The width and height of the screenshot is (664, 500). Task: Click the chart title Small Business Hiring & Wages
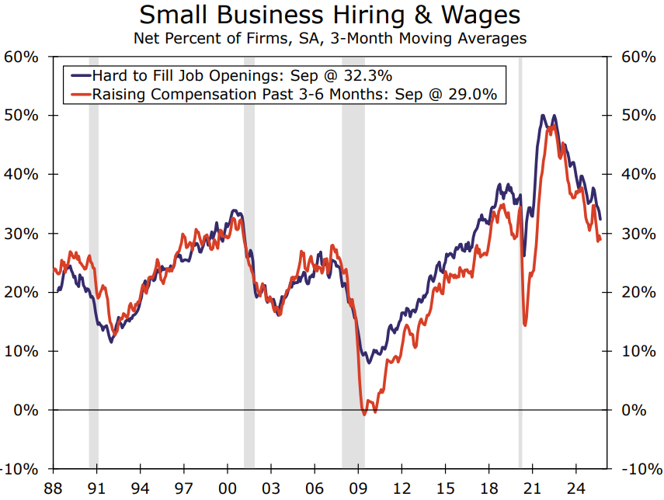click(331, 15)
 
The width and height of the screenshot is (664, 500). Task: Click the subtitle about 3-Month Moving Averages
click(331, 37)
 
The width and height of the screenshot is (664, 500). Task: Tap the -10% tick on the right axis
click(641, 469)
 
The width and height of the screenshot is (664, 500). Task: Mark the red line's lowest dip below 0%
click(363, 414)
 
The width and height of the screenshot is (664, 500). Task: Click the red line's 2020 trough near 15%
click(525, 325)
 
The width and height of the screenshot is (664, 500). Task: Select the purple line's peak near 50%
click(543, 116)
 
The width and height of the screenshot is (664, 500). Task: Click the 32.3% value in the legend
click(369, 75)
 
